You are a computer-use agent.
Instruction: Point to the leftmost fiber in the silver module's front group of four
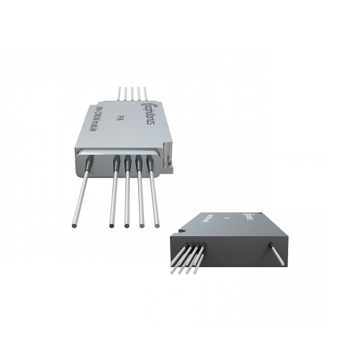click(x=114, y=194)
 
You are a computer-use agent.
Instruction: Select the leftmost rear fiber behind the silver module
click(x=120, y=94)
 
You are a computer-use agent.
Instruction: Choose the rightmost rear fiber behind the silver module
click(x=145, y=93)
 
